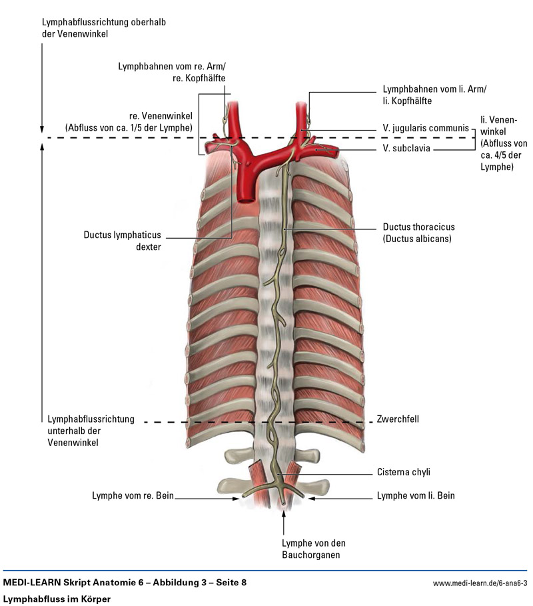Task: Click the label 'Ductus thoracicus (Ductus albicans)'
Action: click(x=417, y=232)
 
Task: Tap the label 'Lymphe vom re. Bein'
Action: click(x=133, y=496)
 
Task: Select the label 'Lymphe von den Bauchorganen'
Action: click(x=313, y=548)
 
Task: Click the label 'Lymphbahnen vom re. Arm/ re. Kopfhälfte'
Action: click(x=171, y=72)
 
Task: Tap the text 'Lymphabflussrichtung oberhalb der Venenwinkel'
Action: click(x=103, y=28)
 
